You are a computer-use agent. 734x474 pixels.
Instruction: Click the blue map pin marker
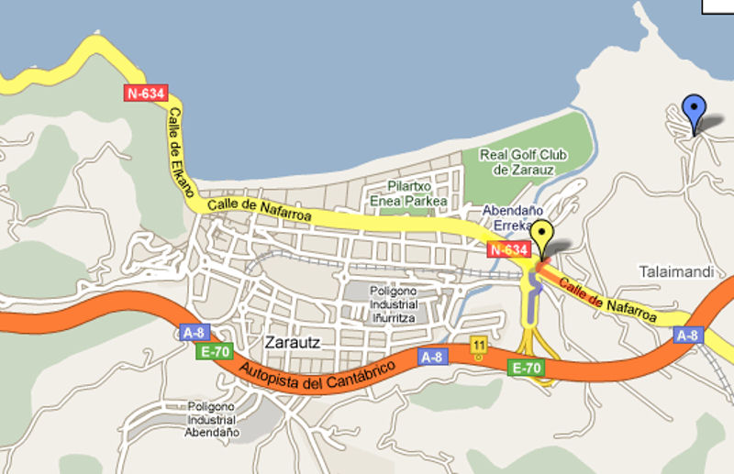[x=695, y=112]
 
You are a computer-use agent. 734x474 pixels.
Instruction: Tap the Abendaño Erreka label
[x=506, y=216]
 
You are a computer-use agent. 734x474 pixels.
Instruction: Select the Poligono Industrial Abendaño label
[x=212, y=418]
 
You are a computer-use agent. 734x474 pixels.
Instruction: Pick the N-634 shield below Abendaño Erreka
[x=508, y=249]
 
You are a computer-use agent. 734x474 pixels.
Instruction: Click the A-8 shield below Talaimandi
[x=688, y=335]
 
